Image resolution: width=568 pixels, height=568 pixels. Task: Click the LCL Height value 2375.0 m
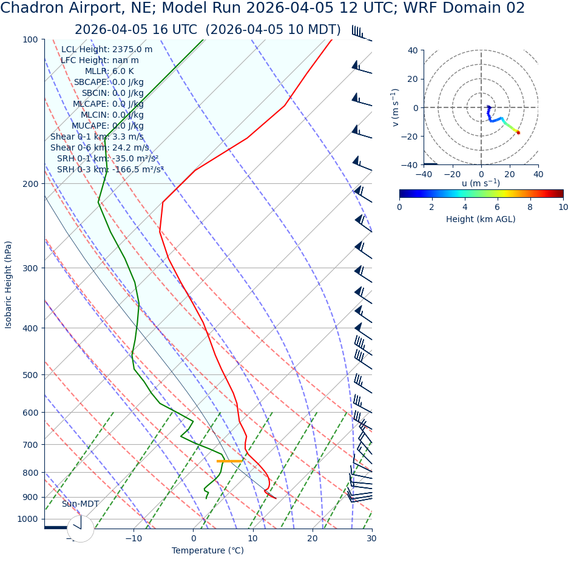pyautogui.click(x=132, y=50)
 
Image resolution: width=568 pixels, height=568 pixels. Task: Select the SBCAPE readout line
pyautogui.click(x=109, y=83)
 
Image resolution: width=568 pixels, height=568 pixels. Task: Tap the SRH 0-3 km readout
pyautogui.click(x=110, y=170)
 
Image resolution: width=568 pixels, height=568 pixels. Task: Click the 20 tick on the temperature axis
pyautogui.click(x=312, y=539)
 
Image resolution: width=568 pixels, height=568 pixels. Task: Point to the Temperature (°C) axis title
pyautogui.click(x=208, y=551)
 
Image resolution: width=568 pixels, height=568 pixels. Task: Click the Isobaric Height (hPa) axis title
pyautogui.click(x=8, y=285)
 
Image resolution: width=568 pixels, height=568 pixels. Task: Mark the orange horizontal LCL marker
pyautogui.click(x=229, y=461)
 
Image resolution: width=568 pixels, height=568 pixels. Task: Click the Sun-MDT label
pyautogui.click(x=80, y=504)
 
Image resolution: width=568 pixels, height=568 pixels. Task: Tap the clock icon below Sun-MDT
pyautogui.click(x=80, y=529)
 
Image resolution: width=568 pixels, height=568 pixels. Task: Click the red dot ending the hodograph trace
pyautogui.click(x=518, y=132)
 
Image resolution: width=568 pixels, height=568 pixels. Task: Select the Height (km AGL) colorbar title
pyautogui.click(x=481, y=220)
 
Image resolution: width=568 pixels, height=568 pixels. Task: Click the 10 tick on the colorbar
pyautogui.click(x=563, y=208)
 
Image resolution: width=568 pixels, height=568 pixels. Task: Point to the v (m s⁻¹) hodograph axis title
pyautogui.click(x=395, y=107)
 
